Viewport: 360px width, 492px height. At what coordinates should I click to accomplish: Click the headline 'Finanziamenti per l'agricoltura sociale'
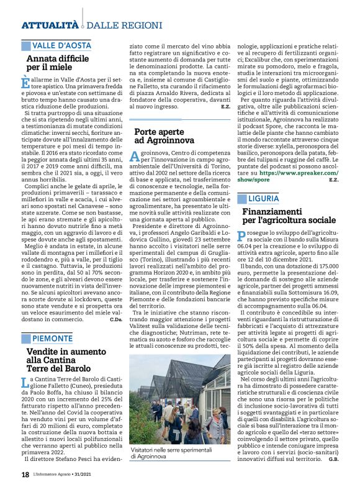pyautogui.click(x=289, y=216)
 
